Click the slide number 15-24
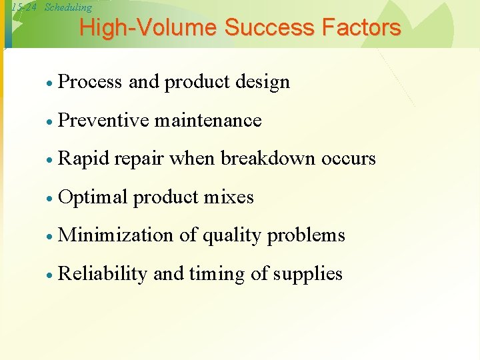coord(24,7)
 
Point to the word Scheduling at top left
coord(68,7)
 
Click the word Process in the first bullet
coord(91,82)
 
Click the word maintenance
coord(208,120)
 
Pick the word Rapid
coord(84,159)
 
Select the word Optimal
coord(93,197)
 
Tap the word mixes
coord(229,197)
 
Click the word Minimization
coord(117,235)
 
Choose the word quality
coord(231,235)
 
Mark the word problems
coord(306,235)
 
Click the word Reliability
coord(103,274)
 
